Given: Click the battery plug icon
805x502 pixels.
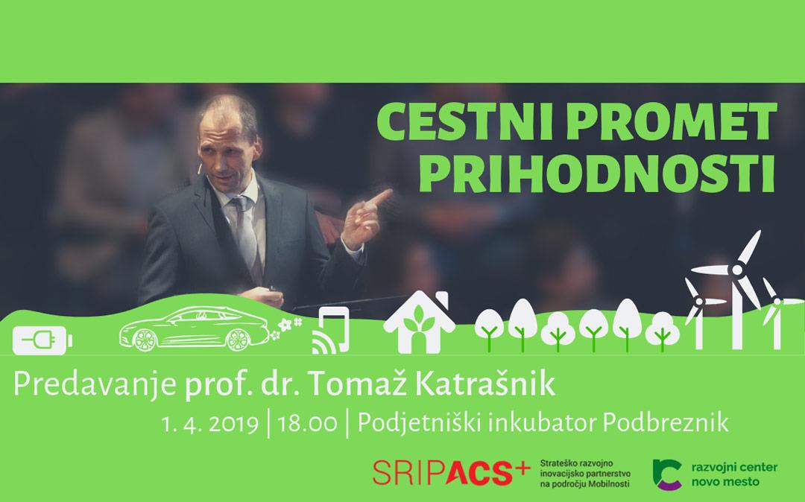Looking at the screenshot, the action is click(x=42, y=340).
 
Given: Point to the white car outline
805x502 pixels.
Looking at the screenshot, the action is click(x=194, y=328).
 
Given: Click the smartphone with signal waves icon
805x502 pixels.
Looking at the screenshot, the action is click(x=331, y=331).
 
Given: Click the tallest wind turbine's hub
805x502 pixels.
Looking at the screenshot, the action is click(x=736, y=270).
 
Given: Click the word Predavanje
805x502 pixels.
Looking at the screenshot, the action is click(x=95, y=385).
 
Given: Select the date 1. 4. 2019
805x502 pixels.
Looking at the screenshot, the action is click(x=209, y=425).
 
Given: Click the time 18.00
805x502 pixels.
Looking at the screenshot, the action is click(x=308, y=425).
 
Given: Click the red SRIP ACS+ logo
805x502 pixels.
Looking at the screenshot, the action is click(x=451, y=471).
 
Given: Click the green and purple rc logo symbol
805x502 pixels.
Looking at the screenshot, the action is click(x=667, y=474).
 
